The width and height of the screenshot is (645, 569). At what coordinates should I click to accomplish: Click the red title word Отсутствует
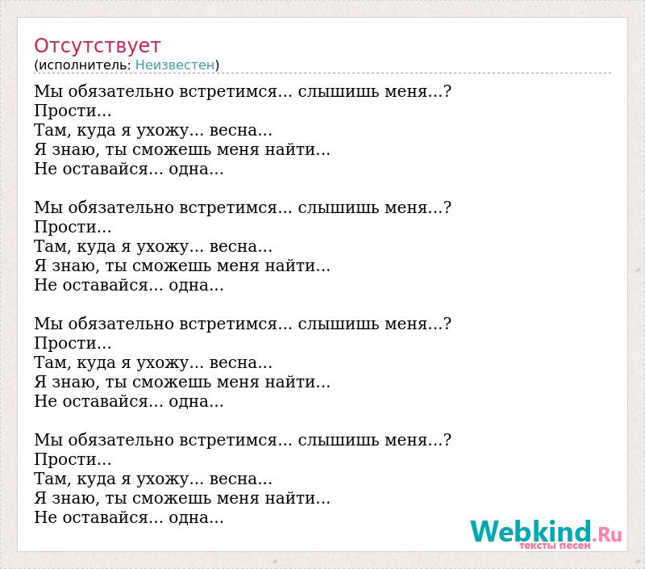tap(97, 46)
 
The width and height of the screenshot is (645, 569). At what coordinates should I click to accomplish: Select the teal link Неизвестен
tap(175, 65)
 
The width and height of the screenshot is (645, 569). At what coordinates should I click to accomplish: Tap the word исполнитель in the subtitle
tap(85, 65)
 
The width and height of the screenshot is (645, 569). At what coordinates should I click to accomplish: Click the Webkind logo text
tap(531, 531)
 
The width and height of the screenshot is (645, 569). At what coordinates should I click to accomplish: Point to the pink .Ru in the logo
tap(607, 534)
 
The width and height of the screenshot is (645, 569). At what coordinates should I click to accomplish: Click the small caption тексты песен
tap(555, 546)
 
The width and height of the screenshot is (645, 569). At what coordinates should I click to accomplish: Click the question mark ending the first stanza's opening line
tap(447, 91)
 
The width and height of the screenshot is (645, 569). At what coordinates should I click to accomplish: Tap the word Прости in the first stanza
tap(66, 111)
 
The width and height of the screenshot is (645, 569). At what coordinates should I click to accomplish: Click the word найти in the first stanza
tap(290, 150)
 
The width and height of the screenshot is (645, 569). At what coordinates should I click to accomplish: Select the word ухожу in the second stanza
tap(162, 247)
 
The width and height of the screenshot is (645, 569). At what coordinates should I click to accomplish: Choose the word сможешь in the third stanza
tap(172, 383)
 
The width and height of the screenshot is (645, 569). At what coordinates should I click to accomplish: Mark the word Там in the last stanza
tap(49, 479)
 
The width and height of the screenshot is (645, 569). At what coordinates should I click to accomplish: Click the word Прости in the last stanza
tap(66, 459)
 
